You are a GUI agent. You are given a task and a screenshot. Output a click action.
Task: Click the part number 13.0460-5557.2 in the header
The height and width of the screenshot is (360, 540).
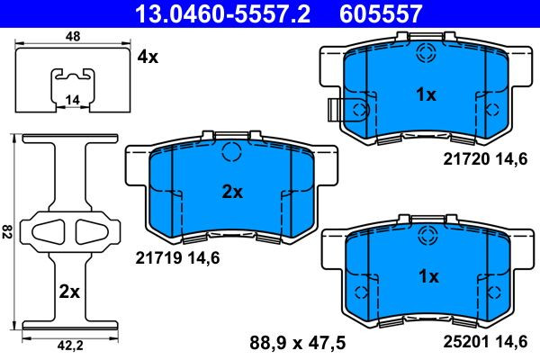pos(223,13)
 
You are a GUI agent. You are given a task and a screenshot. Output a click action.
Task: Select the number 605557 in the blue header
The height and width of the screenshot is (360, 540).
pos(381,13)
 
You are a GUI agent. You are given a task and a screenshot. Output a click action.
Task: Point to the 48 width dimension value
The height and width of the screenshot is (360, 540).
pos(73,36)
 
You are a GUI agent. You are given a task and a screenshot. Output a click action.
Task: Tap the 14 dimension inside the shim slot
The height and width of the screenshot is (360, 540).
pos(72,100)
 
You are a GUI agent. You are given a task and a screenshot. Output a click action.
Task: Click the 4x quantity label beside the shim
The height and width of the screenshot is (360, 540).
pos(148,57)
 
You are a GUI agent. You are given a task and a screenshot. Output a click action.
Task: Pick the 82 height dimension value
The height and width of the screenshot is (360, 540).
pos(6,231)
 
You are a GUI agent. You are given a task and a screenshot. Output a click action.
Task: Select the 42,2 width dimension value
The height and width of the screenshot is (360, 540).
pos(70,346)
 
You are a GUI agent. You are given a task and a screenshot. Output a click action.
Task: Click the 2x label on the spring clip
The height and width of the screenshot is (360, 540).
pos(69,292)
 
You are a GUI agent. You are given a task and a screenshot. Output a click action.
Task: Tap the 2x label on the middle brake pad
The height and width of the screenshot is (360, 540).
pos(232,192)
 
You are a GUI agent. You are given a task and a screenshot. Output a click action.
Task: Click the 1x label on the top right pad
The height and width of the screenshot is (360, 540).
pos(426,94)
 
